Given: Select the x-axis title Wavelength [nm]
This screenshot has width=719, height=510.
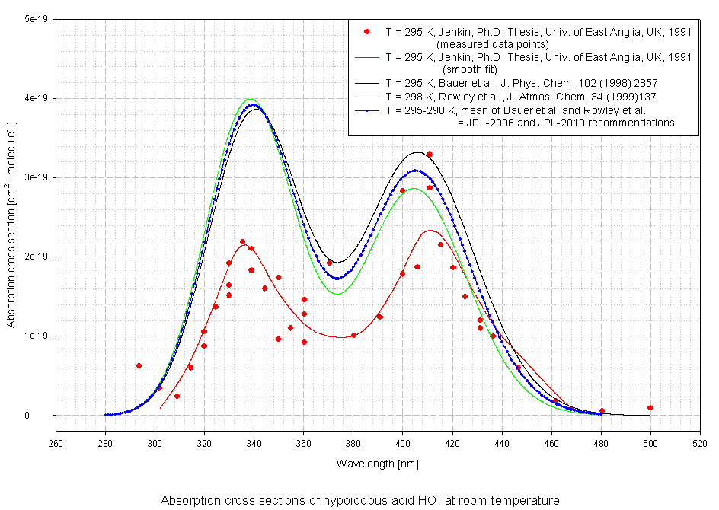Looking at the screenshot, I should pos(378,463).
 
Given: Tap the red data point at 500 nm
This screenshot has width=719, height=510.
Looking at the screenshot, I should pos(650,408).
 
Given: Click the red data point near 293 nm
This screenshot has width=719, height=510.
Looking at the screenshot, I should pos(139,366).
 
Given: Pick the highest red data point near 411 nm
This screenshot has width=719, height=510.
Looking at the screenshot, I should pos(430,155).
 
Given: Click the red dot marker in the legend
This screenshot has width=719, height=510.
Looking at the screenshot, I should pos(367,32).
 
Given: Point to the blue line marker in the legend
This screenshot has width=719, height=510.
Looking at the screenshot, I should pos(367,110).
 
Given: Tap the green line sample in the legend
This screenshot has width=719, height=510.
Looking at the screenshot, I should pos(367,97).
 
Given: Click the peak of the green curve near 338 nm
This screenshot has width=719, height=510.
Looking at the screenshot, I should pos(251,99).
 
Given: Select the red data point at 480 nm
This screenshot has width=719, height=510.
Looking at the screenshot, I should pos(602,411).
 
